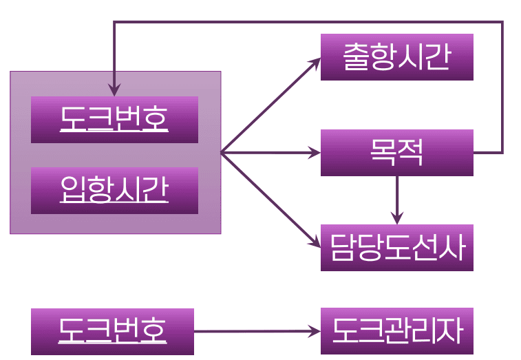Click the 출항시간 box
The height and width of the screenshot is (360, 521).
tap(396, 57)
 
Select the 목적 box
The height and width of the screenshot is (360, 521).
tap(396, 152)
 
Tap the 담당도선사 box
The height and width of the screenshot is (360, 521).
tap(396, 247)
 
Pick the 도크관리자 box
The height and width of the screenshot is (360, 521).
tap(396, 331)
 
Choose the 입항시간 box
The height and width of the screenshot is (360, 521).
tap(114, 190)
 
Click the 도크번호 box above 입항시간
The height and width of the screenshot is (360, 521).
tap(114, 120)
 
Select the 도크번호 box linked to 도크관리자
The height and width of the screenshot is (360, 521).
tap(112, 331)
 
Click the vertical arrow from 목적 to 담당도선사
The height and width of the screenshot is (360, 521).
tap(397, 200)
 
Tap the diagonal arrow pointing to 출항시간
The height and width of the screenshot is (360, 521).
tap(270, 105)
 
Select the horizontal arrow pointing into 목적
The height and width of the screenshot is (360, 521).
tap(270, 152)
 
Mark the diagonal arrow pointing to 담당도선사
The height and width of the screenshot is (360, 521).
tap(270, 199)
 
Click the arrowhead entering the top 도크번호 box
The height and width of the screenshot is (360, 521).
tap(114, 91)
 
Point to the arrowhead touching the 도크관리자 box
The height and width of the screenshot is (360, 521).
tap(316, 331)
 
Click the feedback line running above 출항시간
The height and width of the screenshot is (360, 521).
tap(310, 23)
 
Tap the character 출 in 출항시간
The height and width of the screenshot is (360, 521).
tap(356, 57)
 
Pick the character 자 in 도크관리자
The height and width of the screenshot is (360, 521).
tap(451, 331)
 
